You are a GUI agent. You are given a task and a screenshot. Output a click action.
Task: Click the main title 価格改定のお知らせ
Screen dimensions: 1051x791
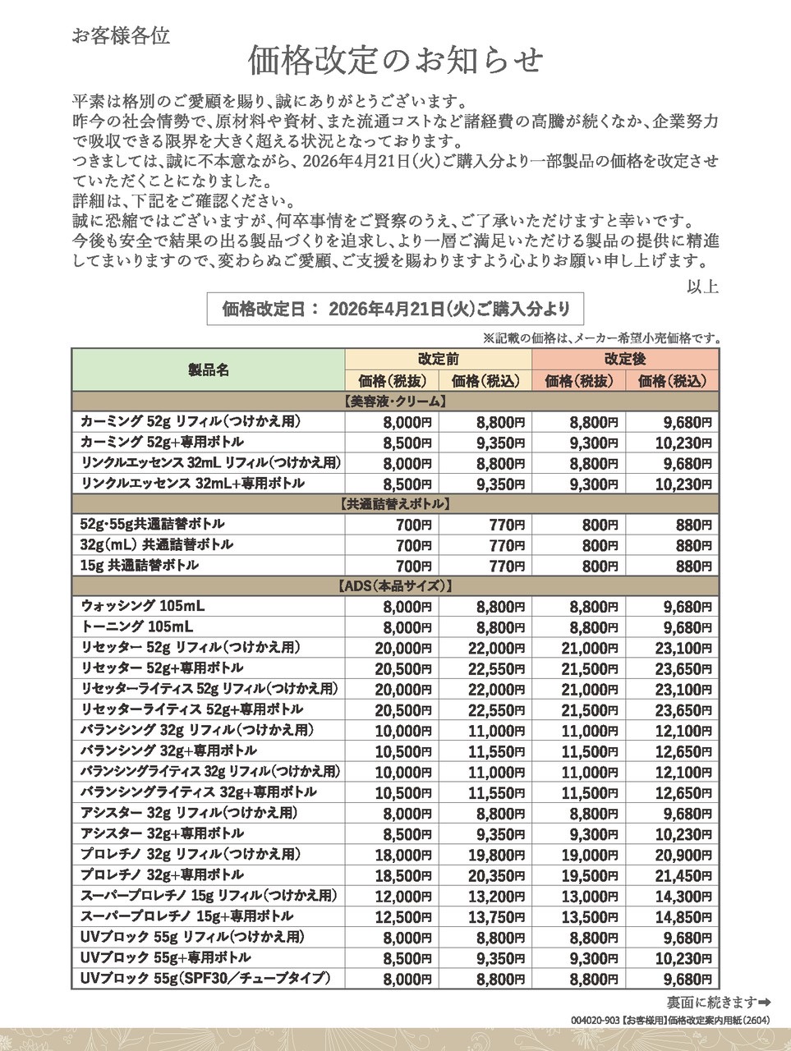396,60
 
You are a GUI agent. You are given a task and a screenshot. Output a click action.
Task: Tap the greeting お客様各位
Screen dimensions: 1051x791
121,36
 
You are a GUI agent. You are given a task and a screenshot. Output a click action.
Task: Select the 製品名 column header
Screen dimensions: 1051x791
209,370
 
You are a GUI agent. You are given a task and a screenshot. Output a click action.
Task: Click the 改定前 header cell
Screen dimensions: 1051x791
439,359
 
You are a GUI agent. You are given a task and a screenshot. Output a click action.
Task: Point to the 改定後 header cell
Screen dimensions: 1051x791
625,359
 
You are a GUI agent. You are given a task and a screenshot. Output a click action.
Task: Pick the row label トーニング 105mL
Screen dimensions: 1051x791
138,627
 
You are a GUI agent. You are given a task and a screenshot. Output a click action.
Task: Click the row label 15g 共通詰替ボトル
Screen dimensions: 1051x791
140,566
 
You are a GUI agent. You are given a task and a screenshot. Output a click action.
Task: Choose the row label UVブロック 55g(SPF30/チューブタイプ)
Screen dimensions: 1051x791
205,978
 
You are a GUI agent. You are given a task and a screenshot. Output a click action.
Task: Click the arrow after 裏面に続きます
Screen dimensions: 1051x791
764,1002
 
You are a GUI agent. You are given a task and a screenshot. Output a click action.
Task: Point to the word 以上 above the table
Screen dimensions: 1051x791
703,287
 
